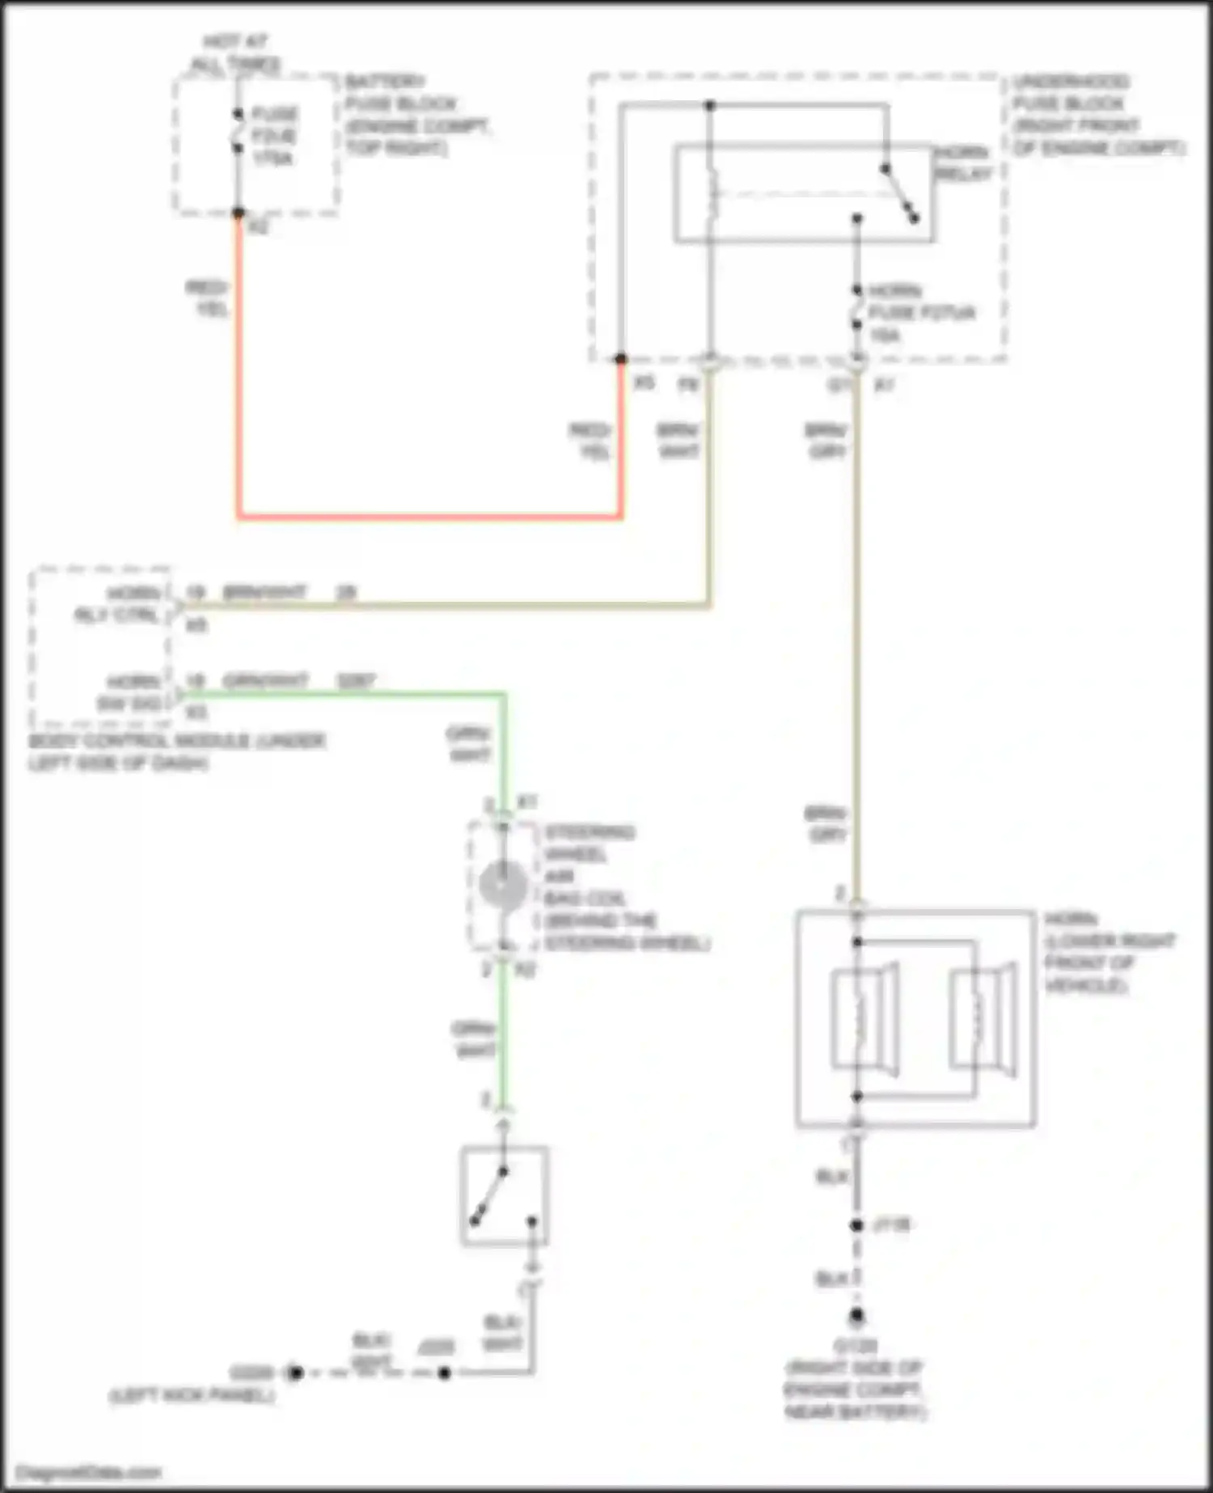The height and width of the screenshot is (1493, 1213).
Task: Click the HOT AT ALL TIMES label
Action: (x=236, y=53)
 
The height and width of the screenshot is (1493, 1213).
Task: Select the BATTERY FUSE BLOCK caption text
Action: (x=416, y=115)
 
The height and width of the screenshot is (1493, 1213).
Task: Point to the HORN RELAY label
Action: (x=962, y=163)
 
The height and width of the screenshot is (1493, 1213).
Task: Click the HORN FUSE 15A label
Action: (x=921, y=313)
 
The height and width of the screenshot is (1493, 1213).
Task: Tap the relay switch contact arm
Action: (x=900, y=193)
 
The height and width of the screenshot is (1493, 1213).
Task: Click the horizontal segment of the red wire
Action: (x=429, y=515)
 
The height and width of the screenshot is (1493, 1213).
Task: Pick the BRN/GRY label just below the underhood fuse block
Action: (x=826, y=441)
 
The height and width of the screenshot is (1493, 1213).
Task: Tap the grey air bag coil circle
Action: (x=502, y=885)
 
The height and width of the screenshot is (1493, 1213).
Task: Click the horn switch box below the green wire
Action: (x=505, y=1196)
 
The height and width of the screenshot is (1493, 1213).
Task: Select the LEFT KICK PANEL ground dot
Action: (x=295, y=1372)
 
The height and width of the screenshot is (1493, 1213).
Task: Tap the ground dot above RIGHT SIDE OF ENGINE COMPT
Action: (x=857, y=1316)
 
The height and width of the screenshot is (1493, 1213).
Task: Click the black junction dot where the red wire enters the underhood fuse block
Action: (x=621, y=358)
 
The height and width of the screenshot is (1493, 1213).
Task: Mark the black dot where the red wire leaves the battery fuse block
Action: (x=239, y=214)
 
